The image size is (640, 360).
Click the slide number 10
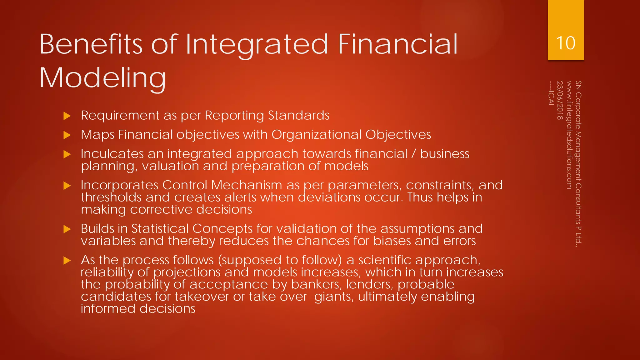pyautogui.click(x=566, y=43)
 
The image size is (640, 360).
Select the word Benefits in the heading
pyautogui.click(x=91, y=44)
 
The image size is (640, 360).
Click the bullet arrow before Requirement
pyautogui.click(x=67, y=116)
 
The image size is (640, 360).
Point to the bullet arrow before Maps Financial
pyautogui.click(x=67, y=135)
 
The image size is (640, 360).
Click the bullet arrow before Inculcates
pyautogui.click(x=67, y=154)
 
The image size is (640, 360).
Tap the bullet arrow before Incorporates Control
pyautogui.click(x=67, y=186)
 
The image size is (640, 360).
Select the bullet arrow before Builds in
pyautogui.click(x=67, y=229)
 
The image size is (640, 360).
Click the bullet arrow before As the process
pyautogui.click(x=67, y=261)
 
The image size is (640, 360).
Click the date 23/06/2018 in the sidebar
pyautogui.click(x=560, y=100)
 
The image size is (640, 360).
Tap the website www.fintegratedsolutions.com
pyautogui.click(x=569, y=135)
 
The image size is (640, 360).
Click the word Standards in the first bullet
pyautogui.click(x=298, y=116)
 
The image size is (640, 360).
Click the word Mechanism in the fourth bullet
pyautogui.click(x=247, y=185)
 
